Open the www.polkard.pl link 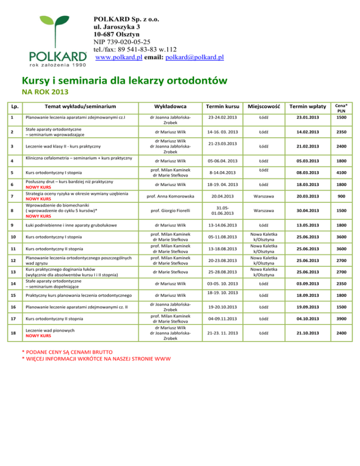(x=115, y=57)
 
